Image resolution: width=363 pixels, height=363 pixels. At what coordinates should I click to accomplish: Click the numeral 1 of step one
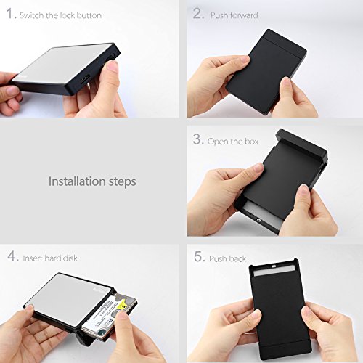(x=9, y=13)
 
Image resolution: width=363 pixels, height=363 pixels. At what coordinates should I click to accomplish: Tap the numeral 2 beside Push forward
(x=197, y=13)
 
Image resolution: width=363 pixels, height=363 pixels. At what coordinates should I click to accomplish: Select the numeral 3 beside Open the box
(x=197, y=139)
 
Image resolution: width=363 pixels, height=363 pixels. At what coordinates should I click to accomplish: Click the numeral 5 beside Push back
(x=199, y=256)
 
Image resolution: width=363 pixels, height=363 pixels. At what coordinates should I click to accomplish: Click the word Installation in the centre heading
(x=77, y=181)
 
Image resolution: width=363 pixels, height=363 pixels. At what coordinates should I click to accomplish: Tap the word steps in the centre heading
(x=122, y=182)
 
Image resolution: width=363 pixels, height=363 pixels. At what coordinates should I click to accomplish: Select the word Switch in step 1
(x=32, y=15)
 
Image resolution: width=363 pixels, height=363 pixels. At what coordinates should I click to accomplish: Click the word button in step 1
(x=89, y=15)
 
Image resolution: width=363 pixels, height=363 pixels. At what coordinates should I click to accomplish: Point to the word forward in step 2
(x=244, y=15)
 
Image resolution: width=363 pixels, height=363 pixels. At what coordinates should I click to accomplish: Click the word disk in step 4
(x=70, y=258)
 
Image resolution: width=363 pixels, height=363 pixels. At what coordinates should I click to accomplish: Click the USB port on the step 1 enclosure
(x=84, y=79)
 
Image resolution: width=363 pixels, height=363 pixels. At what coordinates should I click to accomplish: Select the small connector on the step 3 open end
(x=259, y=220)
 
